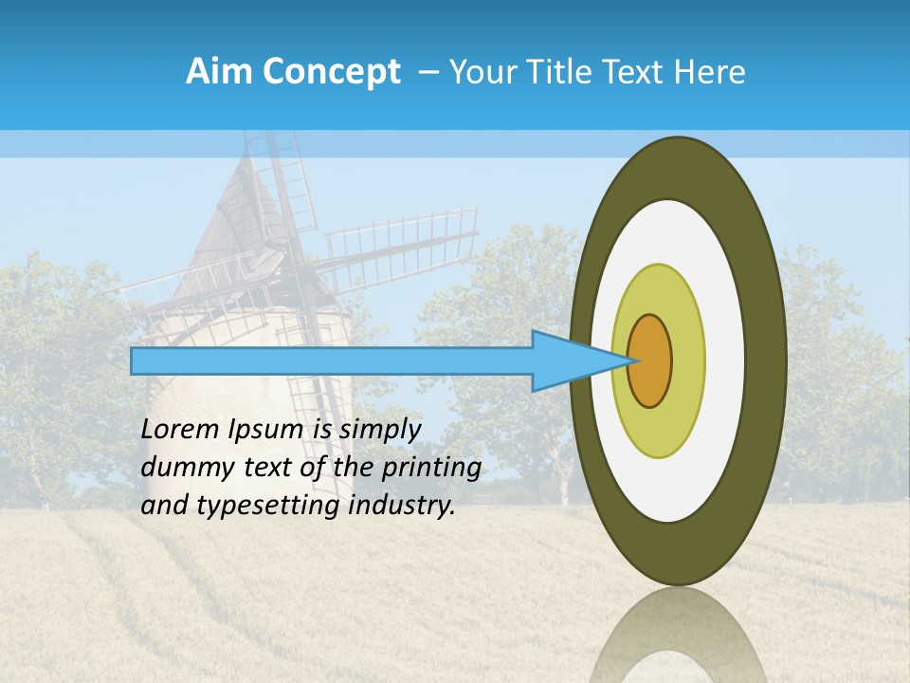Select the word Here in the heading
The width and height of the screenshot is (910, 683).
click(710, 72)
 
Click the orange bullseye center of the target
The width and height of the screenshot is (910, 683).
click(650, 360)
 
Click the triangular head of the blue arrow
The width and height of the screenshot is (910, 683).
click(569, 360)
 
